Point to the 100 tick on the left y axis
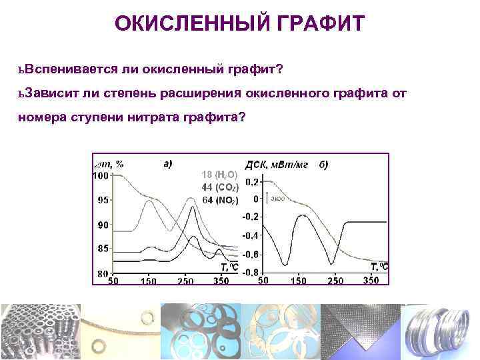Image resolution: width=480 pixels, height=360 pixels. pyautogui.click(x=100, y=175)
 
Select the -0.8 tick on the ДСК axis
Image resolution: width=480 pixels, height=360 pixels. pyautogui.click(x=251, y=273)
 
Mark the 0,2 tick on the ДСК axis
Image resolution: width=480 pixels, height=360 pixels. pyautogui.click(x=252, y=181)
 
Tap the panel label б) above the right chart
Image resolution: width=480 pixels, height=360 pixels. pyautogui.click(x=323, y=164)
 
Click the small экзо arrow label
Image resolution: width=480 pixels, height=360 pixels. pyautogui.click(x=280, y=198)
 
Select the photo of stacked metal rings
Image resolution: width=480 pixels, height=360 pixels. pyautogui.click(x=440, y=331)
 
